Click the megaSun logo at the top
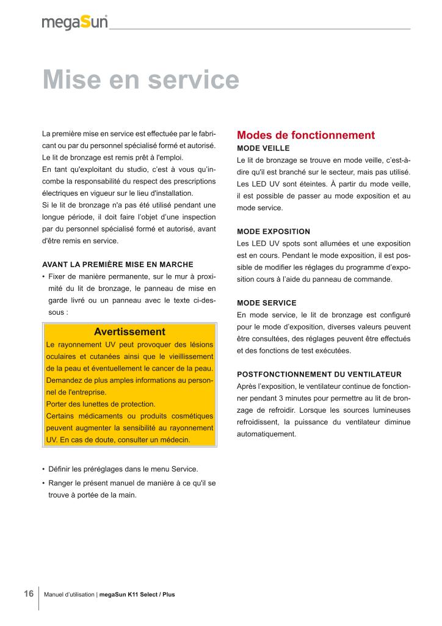point(74,23)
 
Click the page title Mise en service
point(140,81)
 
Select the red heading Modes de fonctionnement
point(305,135)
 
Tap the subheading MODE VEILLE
point(263,149)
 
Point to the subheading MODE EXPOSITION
point(274,232)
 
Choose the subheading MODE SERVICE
point(267,303)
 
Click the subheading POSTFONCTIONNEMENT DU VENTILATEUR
point(319,374)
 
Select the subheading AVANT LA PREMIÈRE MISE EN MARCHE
point(117,265)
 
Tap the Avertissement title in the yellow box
point(129,332)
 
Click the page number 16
point(29,594)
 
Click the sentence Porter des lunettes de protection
point(101,404)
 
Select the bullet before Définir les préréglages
point(44,469)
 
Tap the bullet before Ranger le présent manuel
point(44,484)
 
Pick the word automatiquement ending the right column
point(266,434)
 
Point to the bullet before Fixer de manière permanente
point(44,276)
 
